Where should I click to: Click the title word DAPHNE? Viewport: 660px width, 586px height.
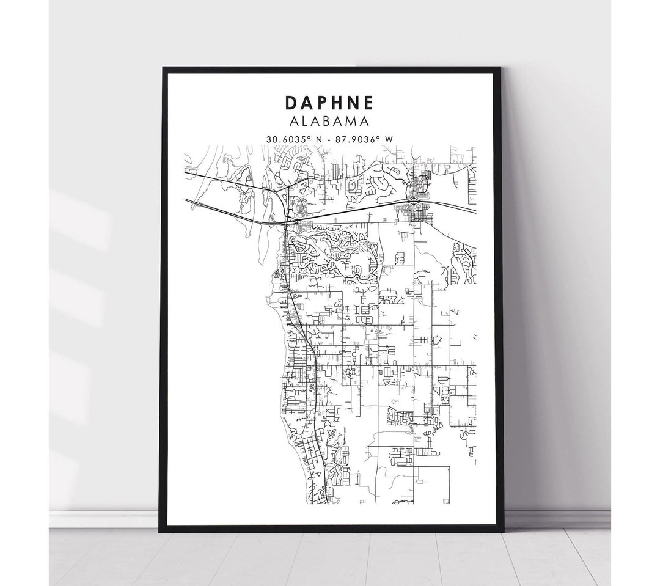pyautogui.click(x=329, y=102)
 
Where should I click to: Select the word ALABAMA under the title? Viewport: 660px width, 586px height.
pyautogui.click(x=329, y=122)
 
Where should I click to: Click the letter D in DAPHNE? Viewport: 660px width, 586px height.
pyautogui.click(x=289, y=102)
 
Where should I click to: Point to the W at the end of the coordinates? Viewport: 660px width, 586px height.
pyautogui.click(x=389, y=139)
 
